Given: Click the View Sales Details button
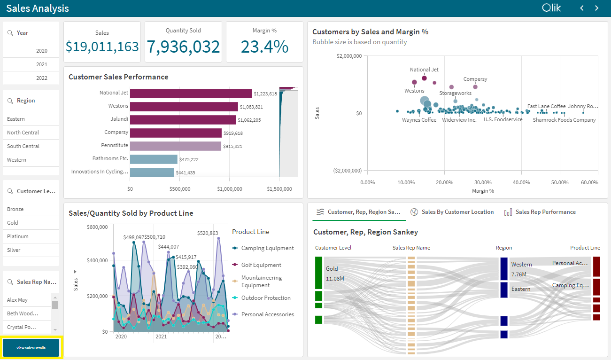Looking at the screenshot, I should coord(31,348).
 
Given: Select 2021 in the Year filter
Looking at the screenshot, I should coord(31,64).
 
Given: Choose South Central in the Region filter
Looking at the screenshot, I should coord(31,146).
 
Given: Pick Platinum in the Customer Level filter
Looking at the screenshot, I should coord(31,236).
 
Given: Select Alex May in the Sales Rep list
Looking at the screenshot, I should coord(27,300).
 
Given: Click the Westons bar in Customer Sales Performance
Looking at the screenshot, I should coord(184,107).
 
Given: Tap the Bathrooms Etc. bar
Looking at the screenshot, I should coord(154,159).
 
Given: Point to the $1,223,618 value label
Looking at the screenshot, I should coord(265,94).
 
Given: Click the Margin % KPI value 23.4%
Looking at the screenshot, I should coord(264,47).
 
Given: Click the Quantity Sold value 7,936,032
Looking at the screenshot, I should coord(183,47).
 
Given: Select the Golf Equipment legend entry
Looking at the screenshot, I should coord(261,265).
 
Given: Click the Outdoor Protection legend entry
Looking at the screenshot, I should coord(265,298).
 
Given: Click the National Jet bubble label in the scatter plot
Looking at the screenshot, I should coord(424,70).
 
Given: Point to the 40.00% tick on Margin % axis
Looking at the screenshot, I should coord(521,182).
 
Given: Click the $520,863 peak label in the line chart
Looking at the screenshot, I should coord(208,233).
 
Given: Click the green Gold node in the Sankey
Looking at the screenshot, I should coord(318,272).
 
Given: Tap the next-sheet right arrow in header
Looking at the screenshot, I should coord(597,8).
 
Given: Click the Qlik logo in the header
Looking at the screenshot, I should coord(551,8).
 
